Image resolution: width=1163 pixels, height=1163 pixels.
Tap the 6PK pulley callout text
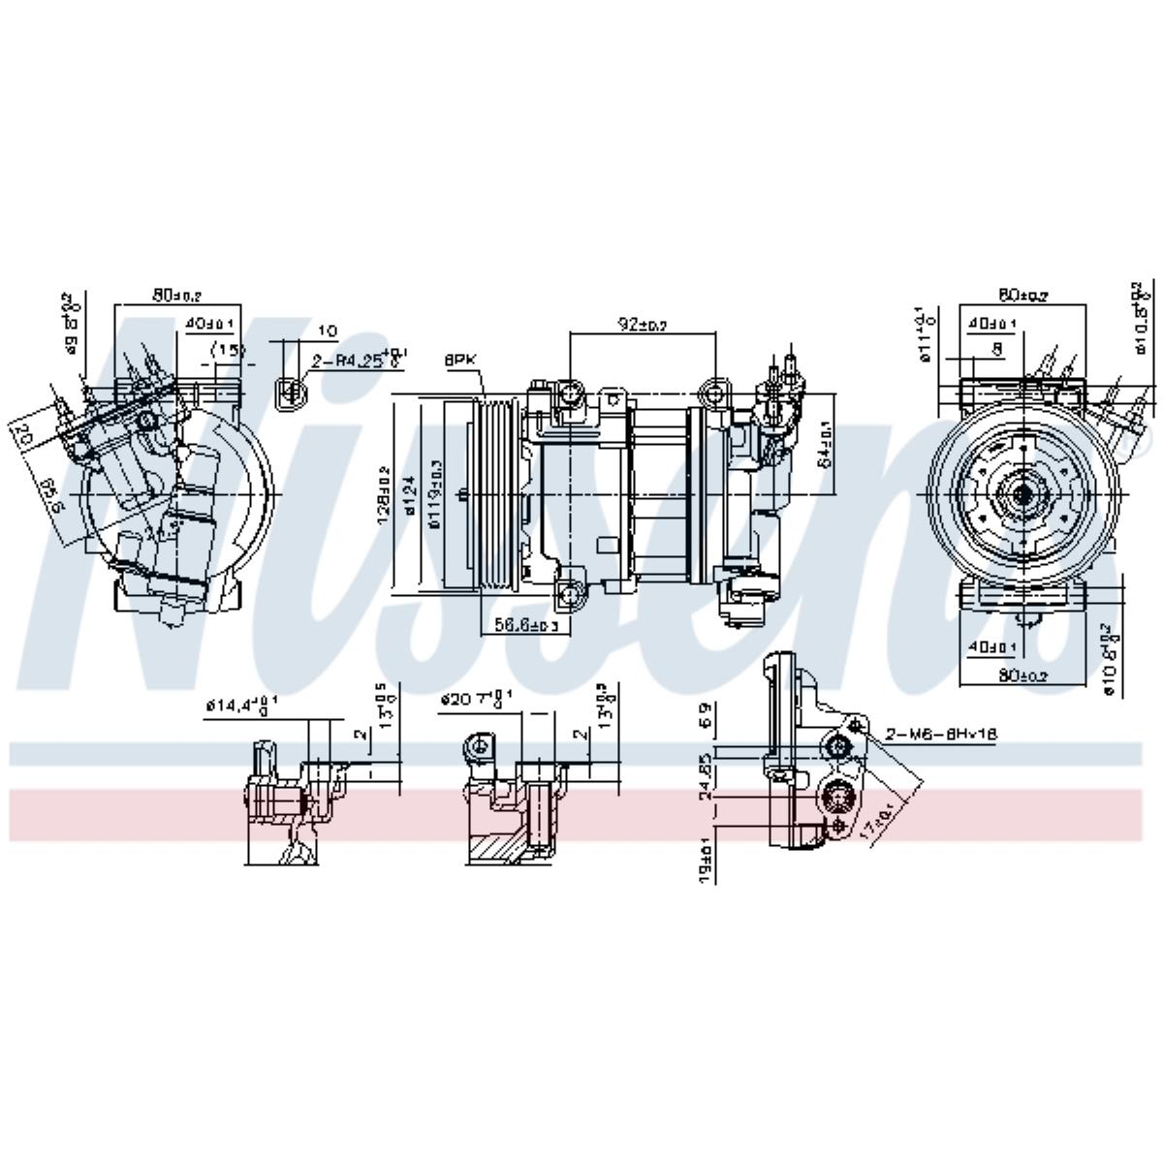[461, 359]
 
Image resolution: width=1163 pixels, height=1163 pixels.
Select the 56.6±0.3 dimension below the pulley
[526, 625]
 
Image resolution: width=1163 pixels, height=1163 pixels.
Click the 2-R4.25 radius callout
[355, 361]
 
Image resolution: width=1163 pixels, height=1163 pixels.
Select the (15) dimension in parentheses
[228, 350]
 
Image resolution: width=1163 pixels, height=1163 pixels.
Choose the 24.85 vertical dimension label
[706, 774]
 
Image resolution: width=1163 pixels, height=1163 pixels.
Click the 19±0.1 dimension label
[706, 860]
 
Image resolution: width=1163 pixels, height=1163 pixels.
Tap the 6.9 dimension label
[706, 714]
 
